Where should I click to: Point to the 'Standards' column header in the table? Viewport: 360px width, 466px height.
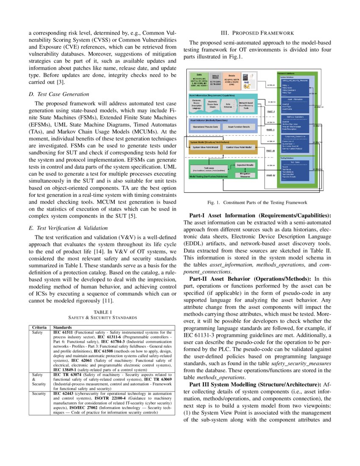tap(62, 327)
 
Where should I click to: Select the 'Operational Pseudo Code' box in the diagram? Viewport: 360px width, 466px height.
tap(206, 127)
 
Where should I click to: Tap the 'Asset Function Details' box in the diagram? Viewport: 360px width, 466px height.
tap(239, 127)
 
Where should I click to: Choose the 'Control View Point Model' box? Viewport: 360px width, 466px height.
tap(239, 147)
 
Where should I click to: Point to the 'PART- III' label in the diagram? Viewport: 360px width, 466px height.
tap(270, 150)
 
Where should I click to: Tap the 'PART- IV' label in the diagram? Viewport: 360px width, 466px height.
tap(270, 175)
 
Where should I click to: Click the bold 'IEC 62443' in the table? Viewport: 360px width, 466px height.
tap(62, 394)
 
